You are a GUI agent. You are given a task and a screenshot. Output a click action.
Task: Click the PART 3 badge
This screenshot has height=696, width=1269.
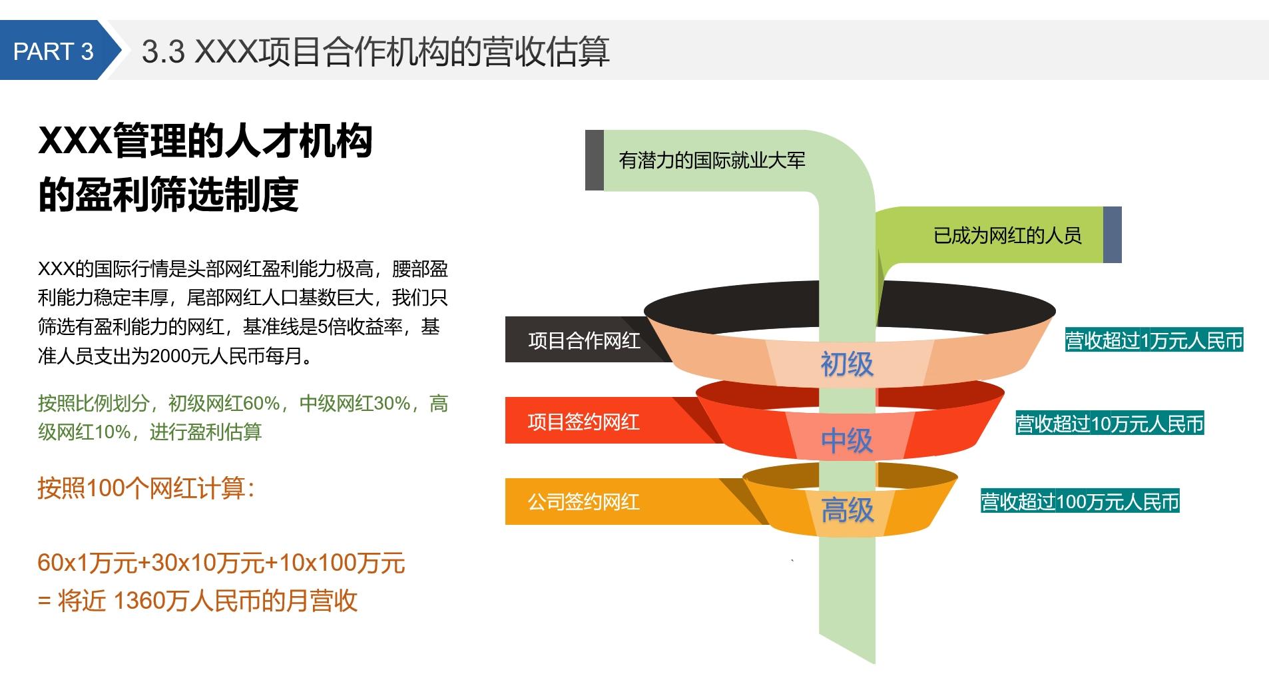click(53, 51)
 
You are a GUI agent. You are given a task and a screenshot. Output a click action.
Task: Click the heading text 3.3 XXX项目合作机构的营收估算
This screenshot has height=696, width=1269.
click(375, 51)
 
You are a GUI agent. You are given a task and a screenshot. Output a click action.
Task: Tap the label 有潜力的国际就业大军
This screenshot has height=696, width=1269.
click(712, 161)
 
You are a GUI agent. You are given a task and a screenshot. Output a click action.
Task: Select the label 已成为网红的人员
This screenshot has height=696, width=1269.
click(1007, 235)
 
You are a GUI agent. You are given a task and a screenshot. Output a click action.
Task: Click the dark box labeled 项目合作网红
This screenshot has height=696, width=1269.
click(583, 340)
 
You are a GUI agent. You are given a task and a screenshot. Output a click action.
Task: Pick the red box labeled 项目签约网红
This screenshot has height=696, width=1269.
click(583, 422)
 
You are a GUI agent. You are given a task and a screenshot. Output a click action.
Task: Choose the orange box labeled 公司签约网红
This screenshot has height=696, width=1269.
click(583, 502)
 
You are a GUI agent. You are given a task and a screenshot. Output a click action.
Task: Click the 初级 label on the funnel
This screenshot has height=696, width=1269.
click(846, 364)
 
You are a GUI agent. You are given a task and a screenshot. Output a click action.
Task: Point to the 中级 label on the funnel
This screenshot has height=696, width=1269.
click(846, 441)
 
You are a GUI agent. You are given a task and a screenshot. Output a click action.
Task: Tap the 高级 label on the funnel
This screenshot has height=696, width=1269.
click(847, 511)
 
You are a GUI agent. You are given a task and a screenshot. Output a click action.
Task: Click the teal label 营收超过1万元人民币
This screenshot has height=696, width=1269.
click(1154, 341)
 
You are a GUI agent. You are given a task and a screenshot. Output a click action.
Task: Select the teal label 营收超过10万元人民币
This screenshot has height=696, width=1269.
click(1109, 424)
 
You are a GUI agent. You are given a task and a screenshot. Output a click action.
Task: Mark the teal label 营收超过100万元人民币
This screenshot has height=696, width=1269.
click(1079, 502)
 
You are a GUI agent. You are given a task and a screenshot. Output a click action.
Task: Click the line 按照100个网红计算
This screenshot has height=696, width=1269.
click(146, 488)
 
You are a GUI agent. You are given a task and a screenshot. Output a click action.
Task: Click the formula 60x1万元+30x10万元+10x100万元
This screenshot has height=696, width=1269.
click(221, 563)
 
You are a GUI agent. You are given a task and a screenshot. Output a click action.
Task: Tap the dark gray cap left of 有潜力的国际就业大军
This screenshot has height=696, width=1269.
click(594, 161)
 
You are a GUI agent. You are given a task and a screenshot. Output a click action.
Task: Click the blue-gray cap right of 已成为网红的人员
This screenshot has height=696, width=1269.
click(1112, 235)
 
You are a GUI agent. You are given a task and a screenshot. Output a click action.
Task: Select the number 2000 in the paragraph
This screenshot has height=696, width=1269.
click(170, 357)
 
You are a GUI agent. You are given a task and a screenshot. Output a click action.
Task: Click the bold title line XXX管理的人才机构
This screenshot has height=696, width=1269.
click(205, 141)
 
